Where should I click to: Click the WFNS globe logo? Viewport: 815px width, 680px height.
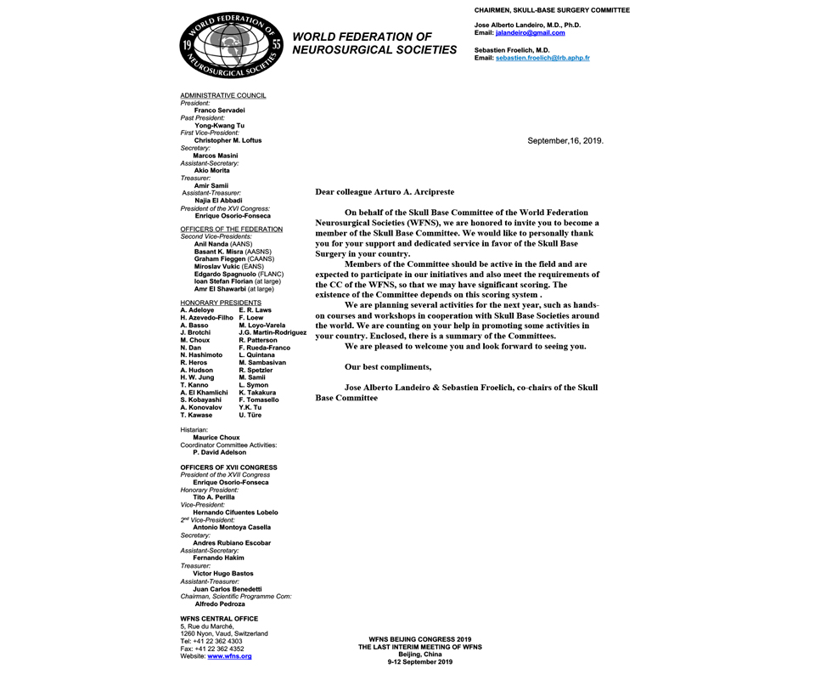point(230,47)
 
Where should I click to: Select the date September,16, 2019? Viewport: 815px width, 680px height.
point(565,141)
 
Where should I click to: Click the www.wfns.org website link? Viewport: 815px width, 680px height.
point(229,656)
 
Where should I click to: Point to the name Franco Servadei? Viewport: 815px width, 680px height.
point(219,110)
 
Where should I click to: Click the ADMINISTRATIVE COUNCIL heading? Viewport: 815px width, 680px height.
point(223,95)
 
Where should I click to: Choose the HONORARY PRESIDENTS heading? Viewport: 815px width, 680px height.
point(221,303)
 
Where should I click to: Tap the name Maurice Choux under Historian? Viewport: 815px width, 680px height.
point(216,438)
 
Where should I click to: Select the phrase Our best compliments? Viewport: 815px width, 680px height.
point(387,366)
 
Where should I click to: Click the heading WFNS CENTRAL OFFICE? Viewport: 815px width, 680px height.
point(219,619)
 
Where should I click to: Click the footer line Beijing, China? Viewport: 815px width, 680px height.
point(419,654)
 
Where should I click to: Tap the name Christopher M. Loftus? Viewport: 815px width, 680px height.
point(228,140)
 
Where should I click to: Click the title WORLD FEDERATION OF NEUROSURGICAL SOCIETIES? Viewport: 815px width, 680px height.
point(374,43)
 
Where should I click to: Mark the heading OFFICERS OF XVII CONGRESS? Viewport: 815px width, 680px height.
point(228,467)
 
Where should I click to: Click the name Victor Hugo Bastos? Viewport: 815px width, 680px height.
point(223,574)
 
